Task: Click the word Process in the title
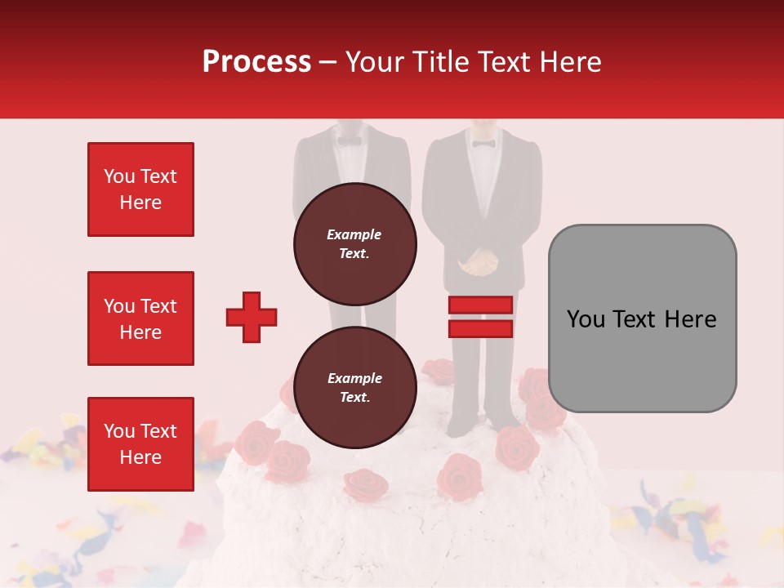click(256, 62)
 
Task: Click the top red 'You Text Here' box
click(140, 189)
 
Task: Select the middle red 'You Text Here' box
click(140, 318)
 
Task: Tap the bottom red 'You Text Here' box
click(140, 444)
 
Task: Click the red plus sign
click(252, 317)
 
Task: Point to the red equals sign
click(480, 317)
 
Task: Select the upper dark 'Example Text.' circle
click(354, 244)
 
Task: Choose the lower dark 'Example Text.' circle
click(354, 388)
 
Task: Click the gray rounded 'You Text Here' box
click(642, 318)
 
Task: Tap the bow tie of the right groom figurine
click(483, 144)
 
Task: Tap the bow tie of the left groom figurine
click(350, 140)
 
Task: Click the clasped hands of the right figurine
click(477, 264)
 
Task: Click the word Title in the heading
click(444, 62)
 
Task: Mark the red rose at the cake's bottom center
click(365, 485)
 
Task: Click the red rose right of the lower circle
click(459, 476)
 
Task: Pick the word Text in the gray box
click(641, 318)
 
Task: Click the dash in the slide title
click(328, 62)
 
